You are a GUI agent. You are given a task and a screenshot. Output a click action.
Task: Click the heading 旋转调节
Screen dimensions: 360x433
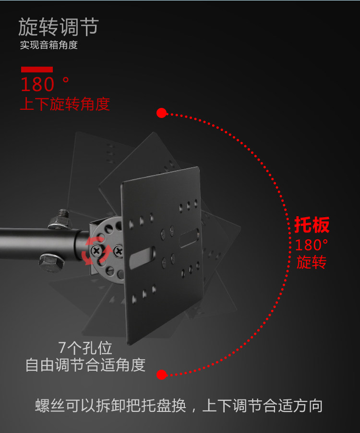click(58, 27)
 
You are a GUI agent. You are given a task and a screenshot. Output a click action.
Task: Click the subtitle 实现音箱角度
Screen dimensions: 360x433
click(48, 46)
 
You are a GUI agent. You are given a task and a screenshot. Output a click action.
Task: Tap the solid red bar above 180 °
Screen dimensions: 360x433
click(36, 70)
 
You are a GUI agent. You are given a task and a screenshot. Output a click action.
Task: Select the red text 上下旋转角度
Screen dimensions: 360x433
click(65, 104)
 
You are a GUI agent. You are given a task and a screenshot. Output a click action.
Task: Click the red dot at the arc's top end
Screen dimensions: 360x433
click(161, 113)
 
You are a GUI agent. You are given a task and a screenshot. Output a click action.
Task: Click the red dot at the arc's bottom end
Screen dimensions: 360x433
click(161, 374)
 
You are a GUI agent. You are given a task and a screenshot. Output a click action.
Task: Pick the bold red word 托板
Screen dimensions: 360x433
click(312, 225)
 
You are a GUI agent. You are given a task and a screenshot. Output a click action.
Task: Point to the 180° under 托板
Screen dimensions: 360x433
click(311, 245)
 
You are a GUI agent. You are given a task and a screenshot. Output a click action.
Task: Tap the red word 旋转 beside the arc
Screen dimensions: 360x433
click(311, 262)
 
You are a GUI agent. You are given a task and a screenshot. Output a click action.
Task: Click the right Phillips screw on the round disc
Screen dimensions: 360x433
click(118, 250)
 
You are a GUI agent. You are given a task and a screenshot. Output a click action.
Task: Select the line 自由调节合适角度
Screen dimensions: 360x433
click(85, 365)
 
